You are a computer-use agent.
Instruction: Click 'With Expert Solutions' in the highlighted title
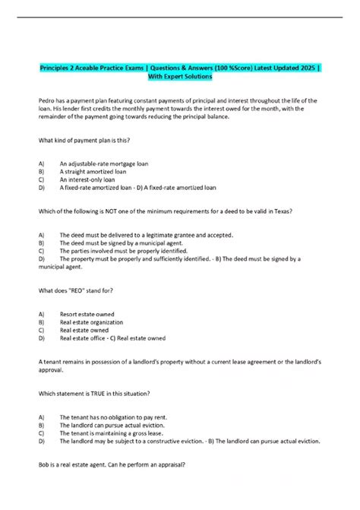[180, 77]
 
